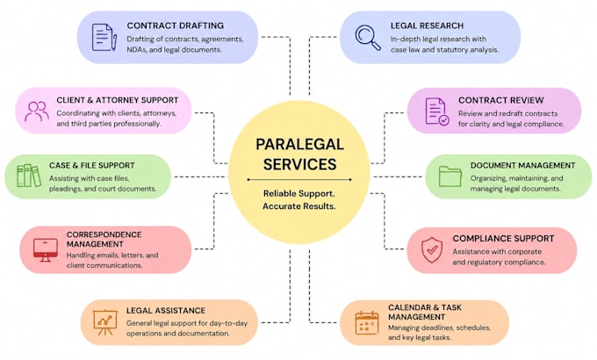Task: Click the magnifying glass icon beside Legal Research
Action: (368, 38)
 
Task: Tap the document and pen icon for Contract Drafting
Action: (104, 38)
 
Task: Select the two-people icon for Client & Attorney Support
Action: (37, 112)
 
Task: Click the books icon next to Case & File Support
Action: (29, 176)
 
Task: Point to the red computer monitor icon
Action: (46, 250)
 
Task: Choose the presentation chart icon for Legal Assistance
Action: (105, 322)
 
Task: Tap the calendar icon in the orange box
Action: (367, 322)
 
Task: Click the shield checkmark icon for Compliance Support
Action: (432, 250)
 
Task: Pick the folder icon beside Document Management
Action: (450, 176)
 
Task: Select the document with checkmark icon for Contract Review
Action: (437, 112)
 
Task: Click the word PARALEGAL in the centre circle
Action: (299, 144)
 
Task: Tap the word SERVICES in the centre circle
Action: (299, 164)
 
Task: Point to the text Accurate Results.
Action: (298, 206)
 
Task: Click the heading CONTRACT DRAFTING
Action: (175, 25)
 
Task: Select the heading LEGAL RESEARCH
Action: (427, 25)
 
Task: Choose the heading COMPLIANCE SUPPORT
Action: (503, 239)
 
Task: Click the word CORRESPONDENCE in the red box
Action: (104, 234)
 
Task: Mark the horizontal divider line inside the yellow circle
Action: (299, 179)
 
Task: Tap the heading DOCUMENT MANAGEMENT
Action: (522, 165)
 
